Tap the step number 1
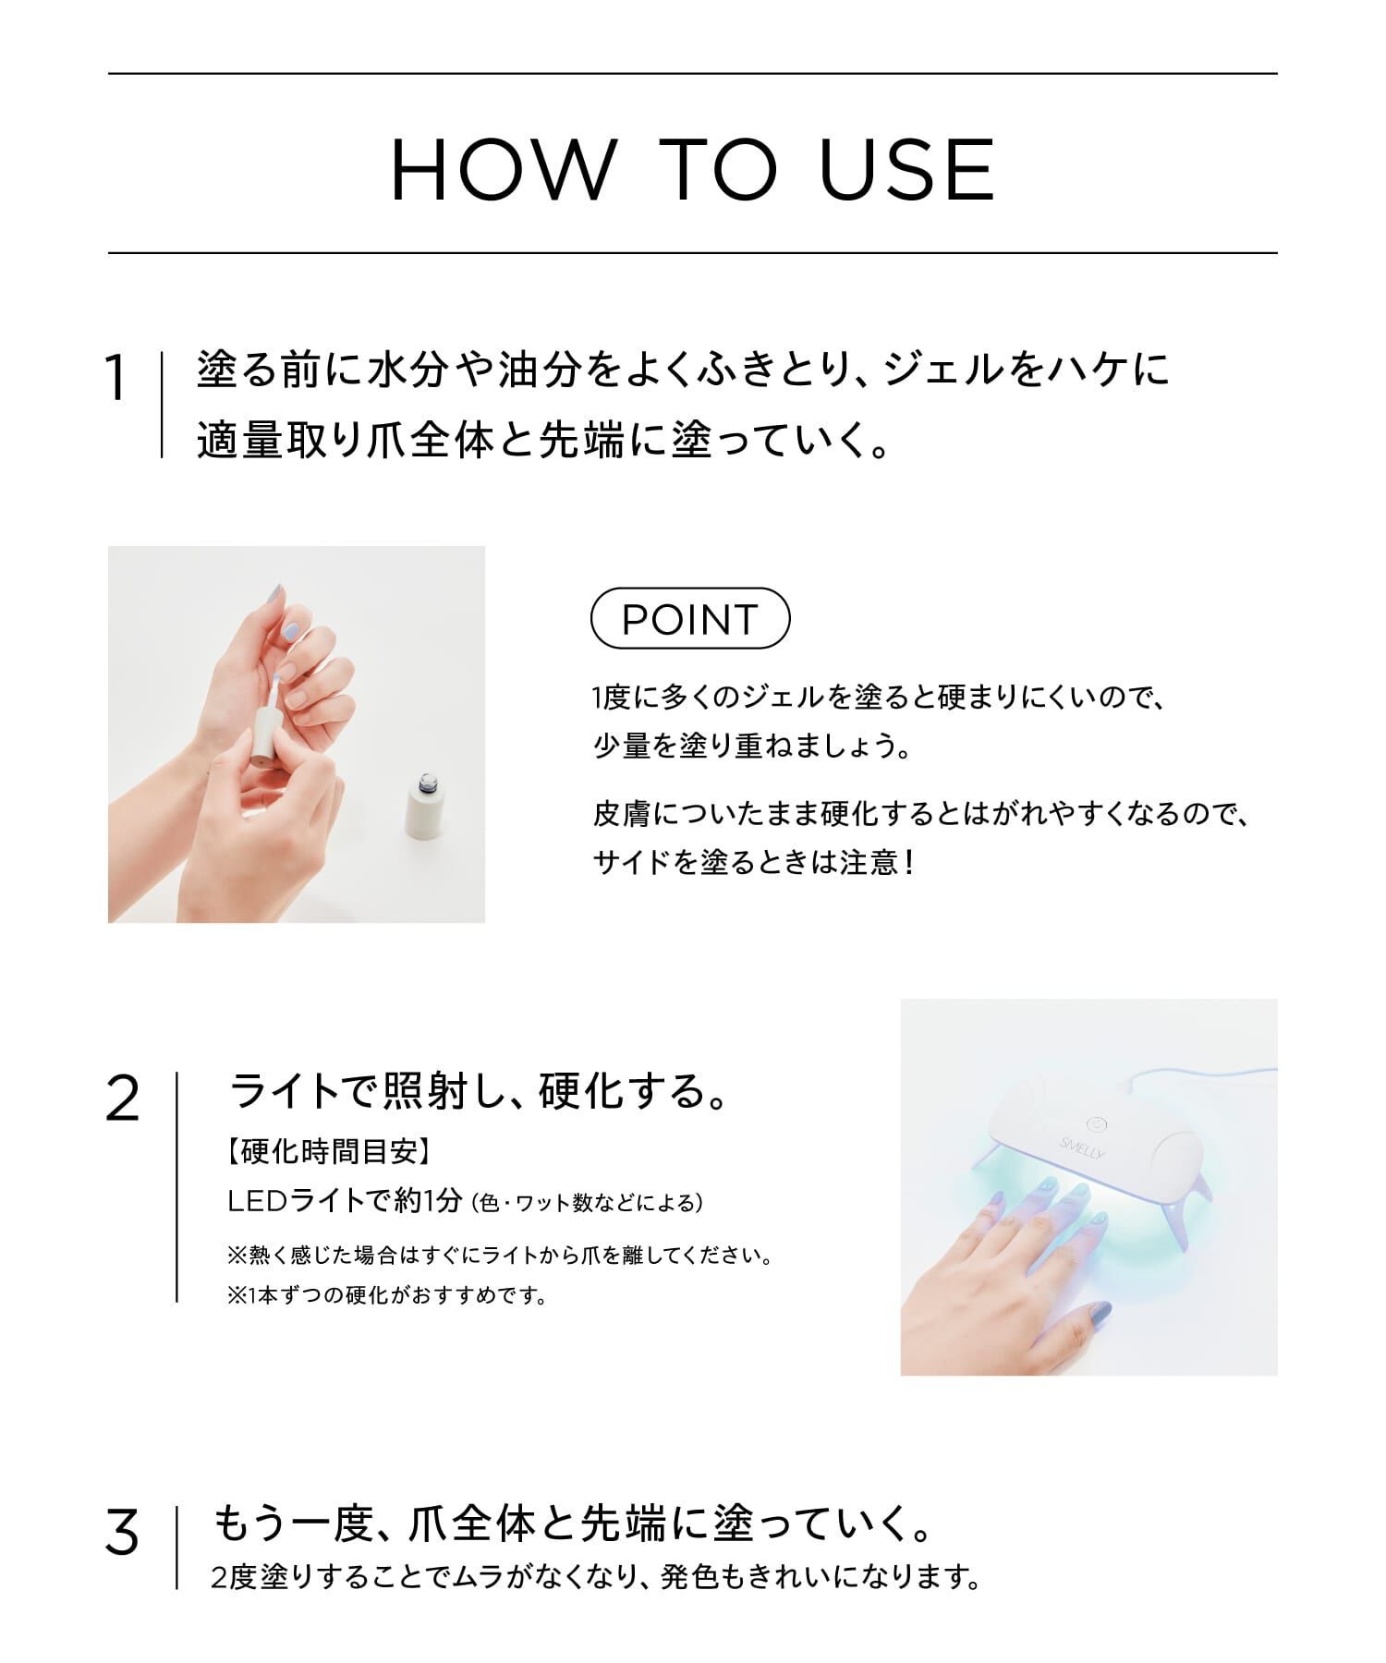point(116,379)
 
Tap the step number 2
point(123,1099)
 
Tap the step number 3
point(122,1533)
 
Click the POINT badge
point(690,619)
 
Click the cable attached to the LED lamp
point(1201,1074)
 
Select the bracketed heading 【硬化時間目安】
point(328,1152)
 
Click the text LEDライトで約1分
point(346,1200)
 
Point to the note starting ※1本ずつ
point(386,1296)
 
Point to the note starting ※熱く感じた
point(499,1256)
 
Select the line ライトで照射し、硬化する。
point(480,1092)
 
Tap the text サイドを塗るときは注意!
point(754,862)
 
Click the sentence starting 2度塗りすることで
point(596,1577)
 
